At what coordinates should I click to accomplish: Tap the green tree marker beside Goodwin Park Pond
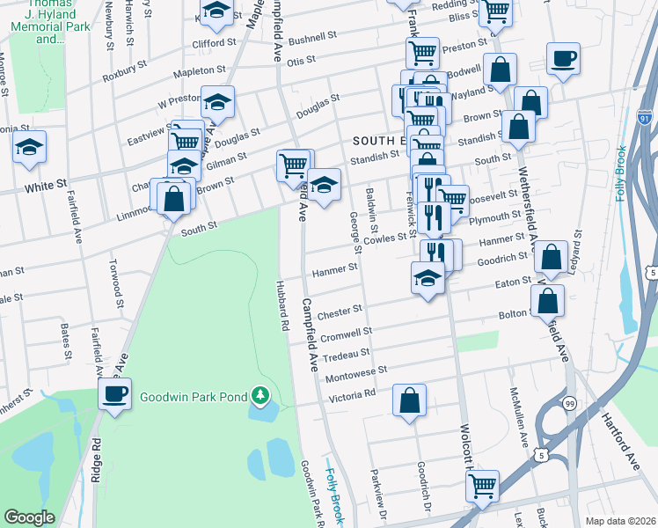tap(260, 397)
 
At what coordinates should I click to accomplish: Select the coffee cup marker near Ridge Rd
tap(113, 393)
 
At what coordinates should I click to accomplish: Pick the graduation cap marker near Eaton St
tap(428, 279)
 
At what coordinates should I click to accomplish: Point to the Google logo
tap(29, 517)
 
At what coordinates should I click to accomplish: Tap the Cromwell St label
tap(347, 335)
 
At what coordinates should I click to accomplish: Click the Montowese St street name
tap(356, 374)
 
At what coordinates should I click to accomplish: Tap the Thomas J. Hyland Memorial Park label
tap(38, 22)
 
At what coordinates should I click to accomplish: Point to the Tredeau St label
tap(347, 354)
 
